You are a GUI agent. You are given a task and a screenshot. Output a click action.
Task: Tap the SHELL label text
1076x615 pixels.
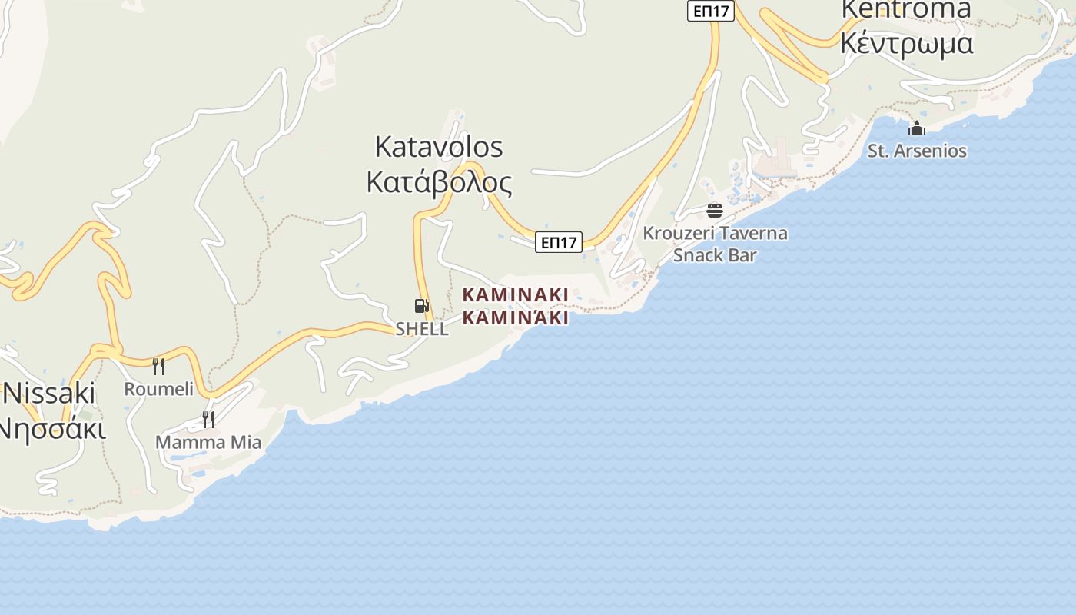tap(422, 329)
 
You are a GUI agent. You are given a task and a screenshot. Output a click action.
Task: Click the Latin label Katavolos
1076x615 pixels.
tap(439, 147)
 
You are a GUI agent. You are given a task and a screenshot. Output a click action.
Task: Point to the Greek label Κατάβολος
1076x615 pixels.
tap(439, 183)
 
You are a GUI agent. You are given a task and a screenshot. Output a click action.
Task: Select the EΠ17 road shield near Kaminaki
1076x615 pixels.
tap(559, 242)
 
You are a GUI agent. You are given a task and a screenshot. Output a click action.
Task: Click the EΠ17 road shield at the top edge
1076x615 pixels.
tap(711, 11)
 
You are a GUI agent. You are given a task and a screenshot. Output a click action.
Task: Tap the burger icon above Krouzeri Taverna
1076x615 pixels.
tap(715, 210)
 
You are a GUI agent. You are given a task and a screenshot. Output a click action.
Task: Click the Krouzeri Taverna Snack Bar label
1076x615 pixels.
tap(715, 244)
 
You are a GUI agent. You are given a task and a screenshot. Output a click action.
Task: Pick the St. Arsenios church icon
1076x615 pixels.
tap(917, 128)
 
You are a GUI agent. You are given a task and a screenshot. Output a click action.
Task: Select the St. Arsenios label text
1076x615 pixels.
tap(917, 151)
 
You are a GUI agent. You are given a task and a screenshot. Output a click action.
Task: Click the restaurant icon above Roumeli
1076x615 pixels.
tap(158, 366)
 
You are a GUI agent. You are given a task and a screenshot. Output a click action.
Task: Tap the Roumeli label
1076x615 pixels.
tap(159, 389)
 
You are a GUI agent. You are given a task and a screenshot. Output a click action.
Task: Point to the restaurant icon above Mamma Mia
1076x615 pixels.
tap(208, 419)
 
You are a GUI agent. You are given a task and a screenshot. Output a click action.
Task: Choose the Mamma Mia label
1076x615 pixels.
tap(208, 443)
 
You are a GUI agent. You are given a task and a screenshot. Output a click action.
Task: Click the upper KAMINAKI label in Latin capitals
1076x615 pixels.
tap(516, 294)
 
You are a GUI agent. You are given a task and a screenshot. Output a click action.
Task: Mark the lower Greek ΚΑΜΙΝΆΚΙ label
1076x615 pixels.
tap(516, 317)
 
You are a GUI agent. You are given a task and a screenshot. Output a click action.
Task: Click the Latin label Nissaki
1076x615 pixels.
tap(49, 394)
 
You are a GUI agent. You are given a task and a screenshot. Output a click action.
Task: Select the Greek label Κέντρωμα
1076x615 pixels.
tap(907, 43)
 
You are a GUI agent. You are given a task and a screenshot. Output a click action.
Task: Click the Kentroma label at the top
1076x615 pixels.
tap(907, 9)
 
